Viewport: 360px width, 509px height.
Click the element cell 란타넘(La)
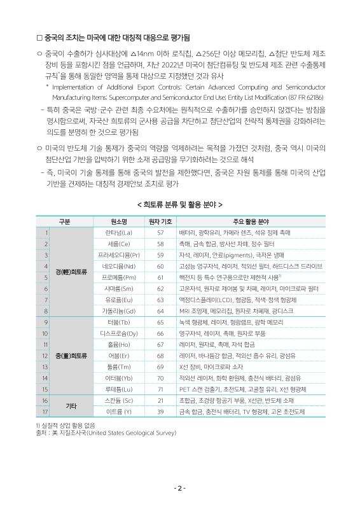click(119, 233)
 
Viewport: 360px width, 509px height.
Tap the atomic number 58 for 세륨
click(160, 244)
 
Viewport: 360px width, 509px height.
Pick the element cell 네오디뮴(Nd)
click(119, 266)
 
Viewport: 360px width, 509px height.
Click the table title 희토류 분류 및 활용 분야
click(179, 205)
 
